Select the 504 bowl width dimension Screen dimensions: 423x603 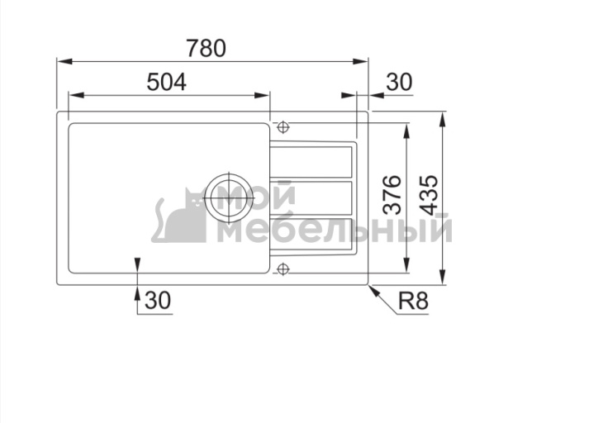point(166,81)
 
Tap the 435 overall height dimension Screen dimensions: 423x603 point(428,196)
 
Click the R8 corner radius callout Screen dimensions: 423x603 point(412,302)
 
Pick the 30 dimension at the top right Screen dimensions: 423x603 point(398,81)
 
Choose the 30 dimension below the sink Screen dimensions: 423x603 point(157,302)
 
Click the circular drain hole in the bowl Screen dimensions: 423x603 point(227,197)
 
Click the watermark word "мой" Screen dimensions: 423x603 point(259,196)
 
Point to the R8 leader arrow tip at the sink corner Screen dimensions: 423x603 point(371,288)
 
